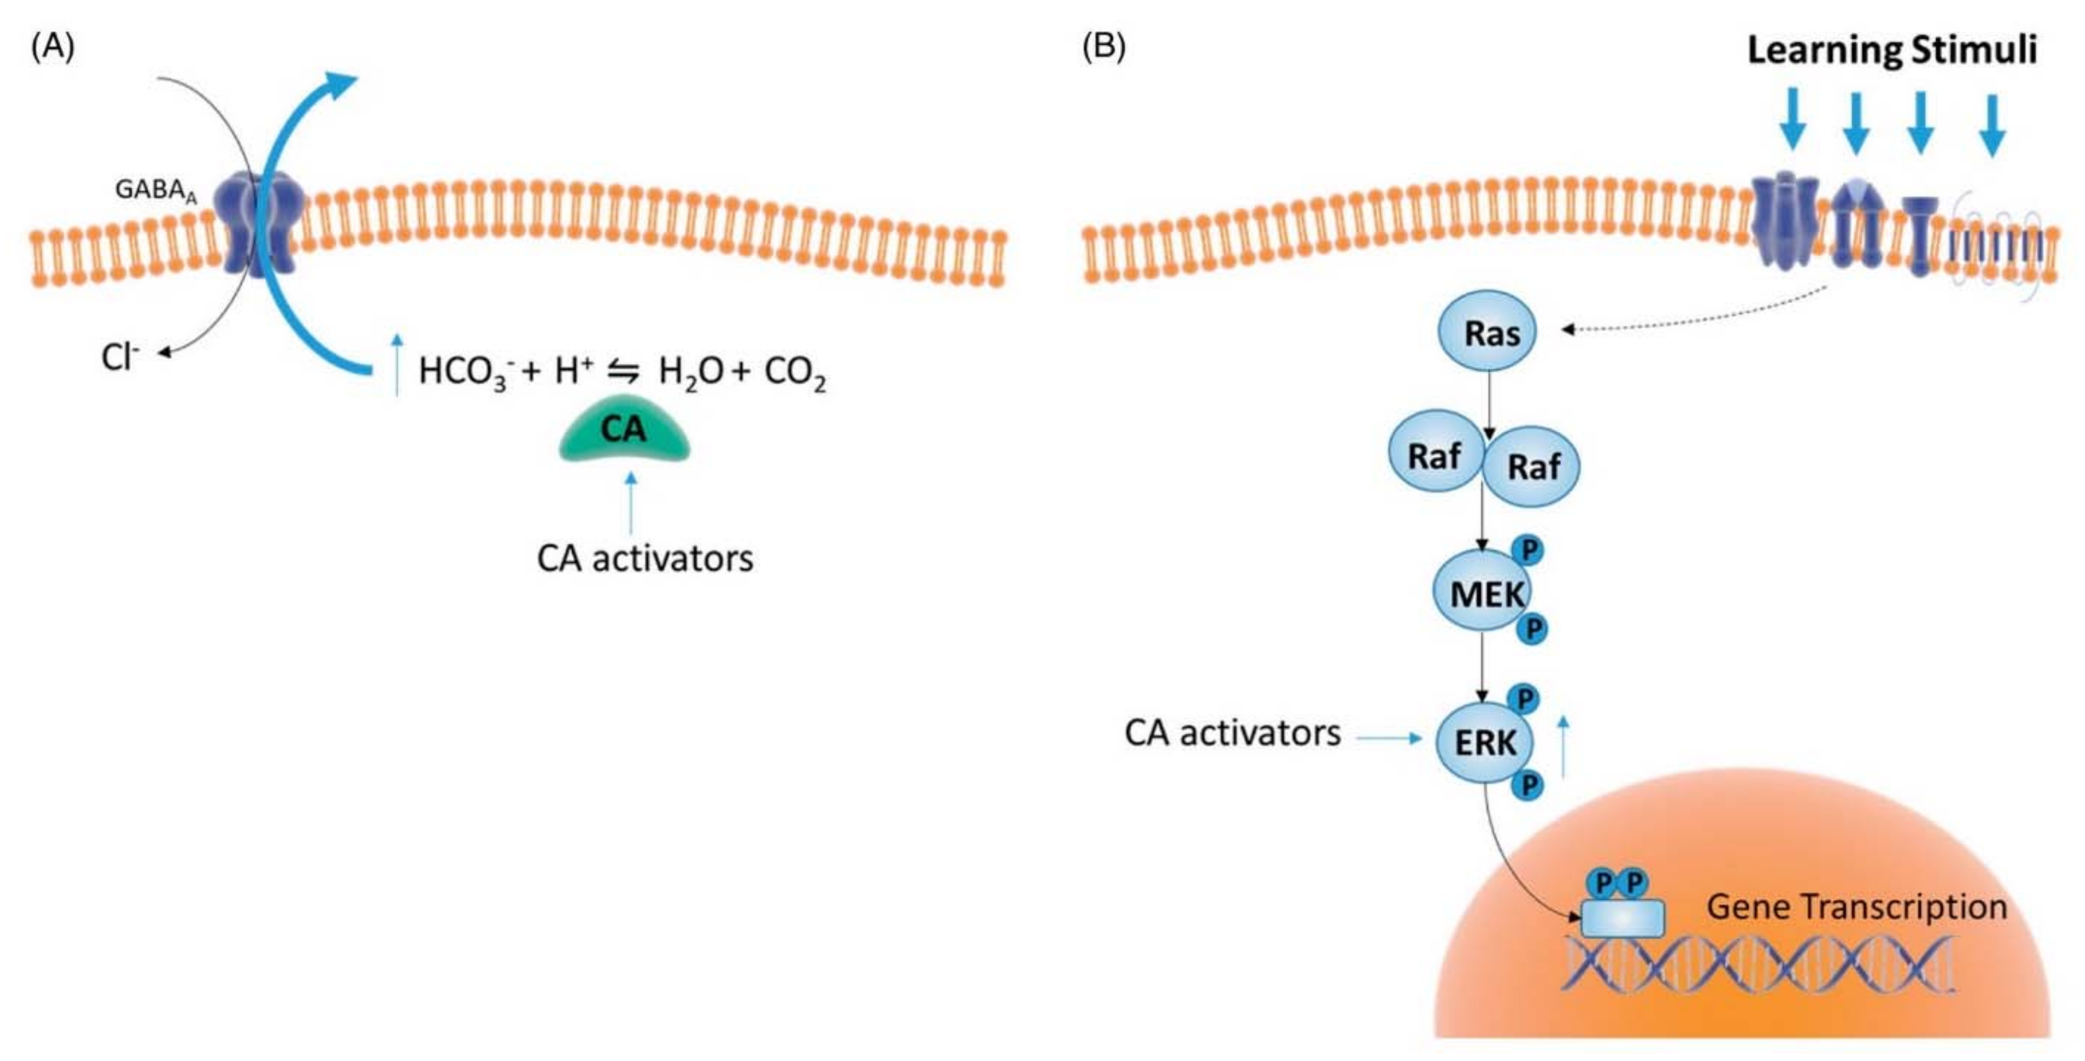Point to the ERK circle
(1483, 742)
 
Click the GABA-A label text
(155, 190)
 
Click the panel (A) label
(53, 47)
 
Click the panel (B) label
(1103, 47)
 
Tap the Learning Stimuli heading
(1891, 50)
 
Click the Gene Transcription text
(1856, 906)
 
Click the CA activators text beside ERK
(1232, 733)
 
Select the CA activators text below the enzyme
(645, 558)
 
